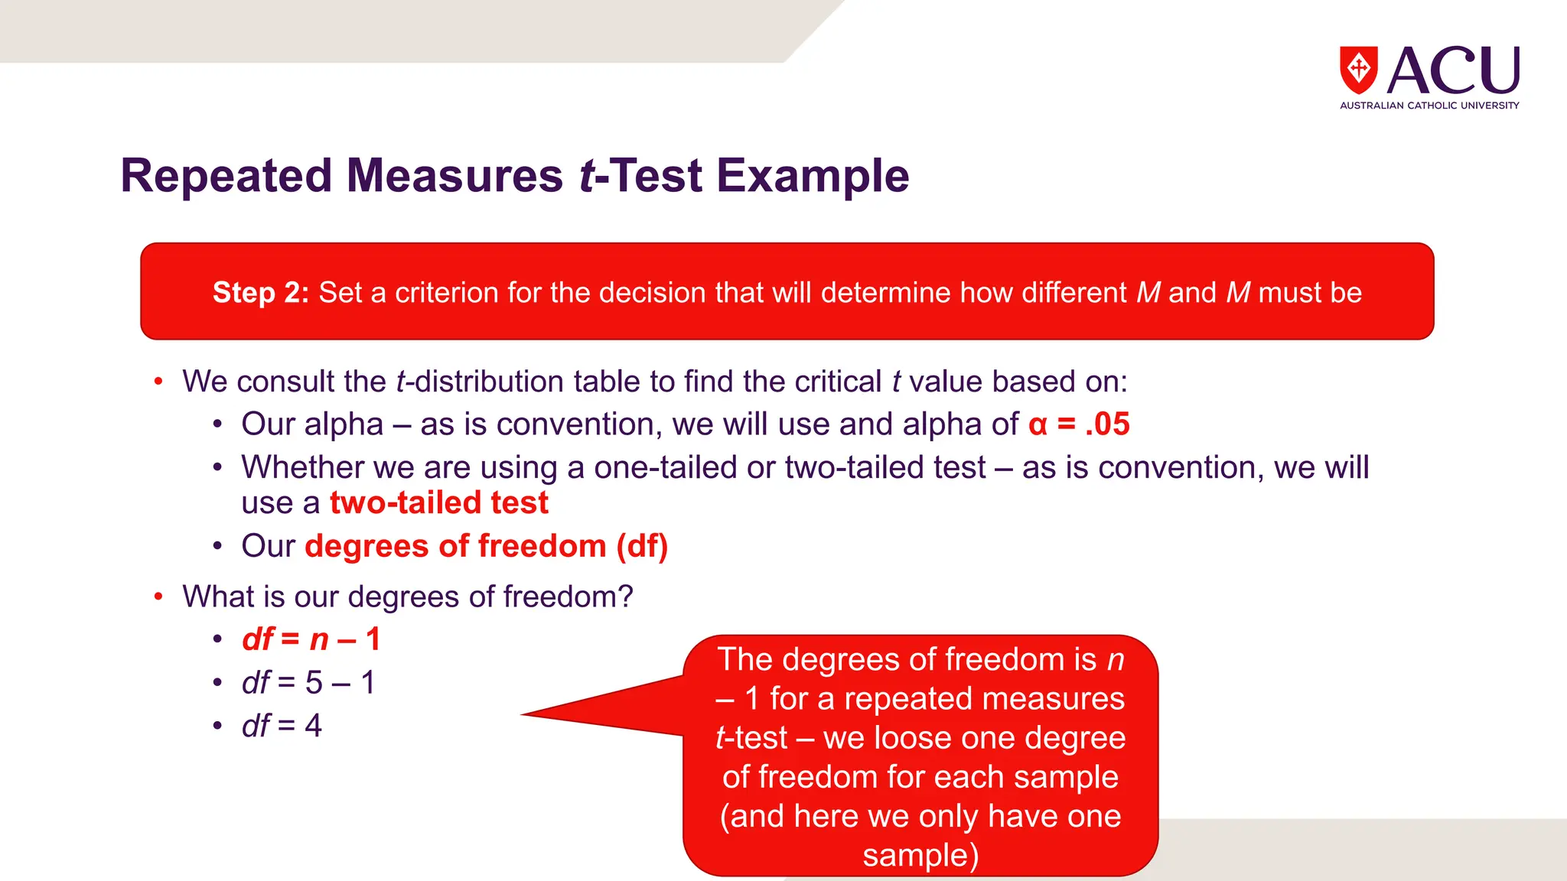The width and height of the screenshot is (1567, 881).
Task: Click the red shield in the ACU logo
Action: (x=1358, y=69)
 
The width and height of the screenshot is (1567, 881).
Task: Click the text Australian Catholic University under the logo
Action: (x=1429, y=106)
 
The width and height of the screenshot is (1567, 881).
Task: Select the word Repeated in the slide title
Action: (x=226, y=176)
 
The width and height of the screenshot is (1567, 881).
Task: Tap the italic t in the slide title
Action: (x=587, y=176)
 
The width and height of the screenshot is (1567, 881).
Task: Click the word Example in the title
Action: (x=813, y=176)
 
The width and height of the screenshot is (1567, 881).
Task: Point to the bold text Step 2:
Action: (x=260, y=293)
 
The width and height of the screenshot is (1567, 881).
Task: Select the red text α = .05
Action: (x=1079, y=424)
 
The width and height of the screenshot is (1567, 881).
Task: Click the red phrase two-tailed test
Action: (x=438, y=503)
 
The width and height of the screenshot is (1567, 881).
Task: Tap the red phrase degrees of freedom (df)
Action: (x=486, y=546)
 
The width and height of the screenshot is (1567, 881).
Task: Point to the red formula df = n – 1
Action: (x=311, y=639)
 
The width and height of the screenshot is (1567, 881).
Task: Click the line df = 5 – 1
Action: (x=308, y=682)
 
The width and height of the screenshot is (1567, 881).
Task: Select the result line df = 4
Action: (x=282, y=725)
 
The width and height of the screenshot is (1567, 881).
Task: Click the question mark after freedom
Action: (x=627, y=597)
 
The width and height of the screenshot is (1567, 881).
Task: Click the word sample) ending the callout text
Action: (x=920, y=855)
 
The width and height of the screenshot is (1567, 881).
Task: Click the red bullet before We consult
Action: (x=158, y=381)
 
